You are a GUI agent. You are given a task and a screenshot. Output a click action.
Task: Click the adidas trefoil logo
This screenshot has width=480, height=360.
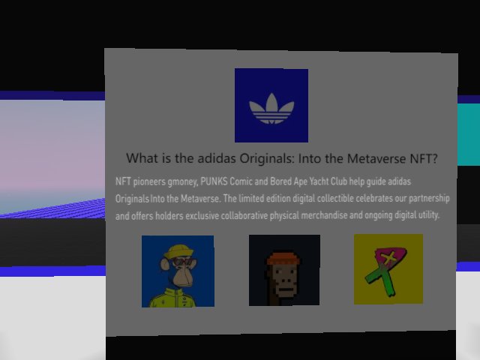tap(271, 109)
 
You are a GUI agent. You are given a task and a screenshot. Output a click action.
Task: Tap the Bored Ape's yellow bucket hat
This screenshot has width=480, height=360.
tap(178, 251)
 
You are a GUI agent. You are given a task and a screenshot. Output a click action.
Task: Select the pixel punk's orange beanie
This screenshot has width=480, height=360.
tap(283, 259)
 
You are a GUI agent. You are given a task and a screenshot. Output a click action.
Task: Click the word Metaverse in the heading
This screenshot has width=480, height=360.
tap(376, 159)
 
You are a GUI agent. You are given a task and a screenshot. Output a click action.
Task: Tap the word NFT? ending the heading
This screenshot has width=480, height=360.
tap(424, 159)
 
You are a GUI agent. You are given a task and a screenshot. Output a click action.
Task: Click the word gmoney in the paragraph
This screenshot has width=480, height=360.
tap(183, 181)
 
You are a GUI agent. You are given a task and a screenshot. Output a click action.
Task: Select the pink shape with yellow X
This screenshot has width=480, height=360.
tap(390, 259)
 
